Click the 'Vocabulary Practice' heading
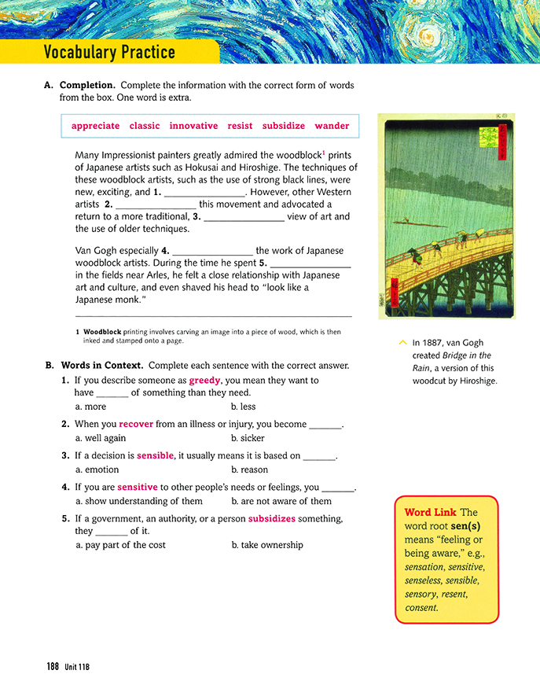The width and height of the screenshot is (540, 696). (109, 53)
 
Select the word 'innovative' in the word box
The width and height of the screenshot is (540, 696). (193, 126)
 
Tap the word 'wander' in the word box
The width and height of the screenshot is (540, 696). (332, 126)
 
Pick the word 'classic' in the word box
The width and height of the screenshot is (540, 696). (145, 126)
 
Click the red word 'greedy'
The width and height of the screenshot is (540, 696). (204, 381)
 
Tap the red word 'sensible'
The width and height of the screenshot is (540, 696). (155, 456)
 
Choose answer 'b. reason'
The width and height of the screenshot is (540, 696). (249, 470)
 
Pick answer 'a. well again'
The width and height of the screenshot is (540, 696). (101, 439)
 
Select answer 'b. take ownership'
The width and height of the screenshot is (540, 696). (267, 545)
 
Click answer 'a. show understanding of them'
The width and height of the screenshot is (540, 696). (138, 502)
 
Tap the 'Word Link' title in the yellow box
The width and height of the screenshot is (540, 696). (429, 513)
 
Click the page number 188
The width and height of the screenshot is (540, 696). (53, 666)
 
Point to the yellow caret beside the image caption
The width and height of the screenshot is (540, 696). (402, 342)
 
